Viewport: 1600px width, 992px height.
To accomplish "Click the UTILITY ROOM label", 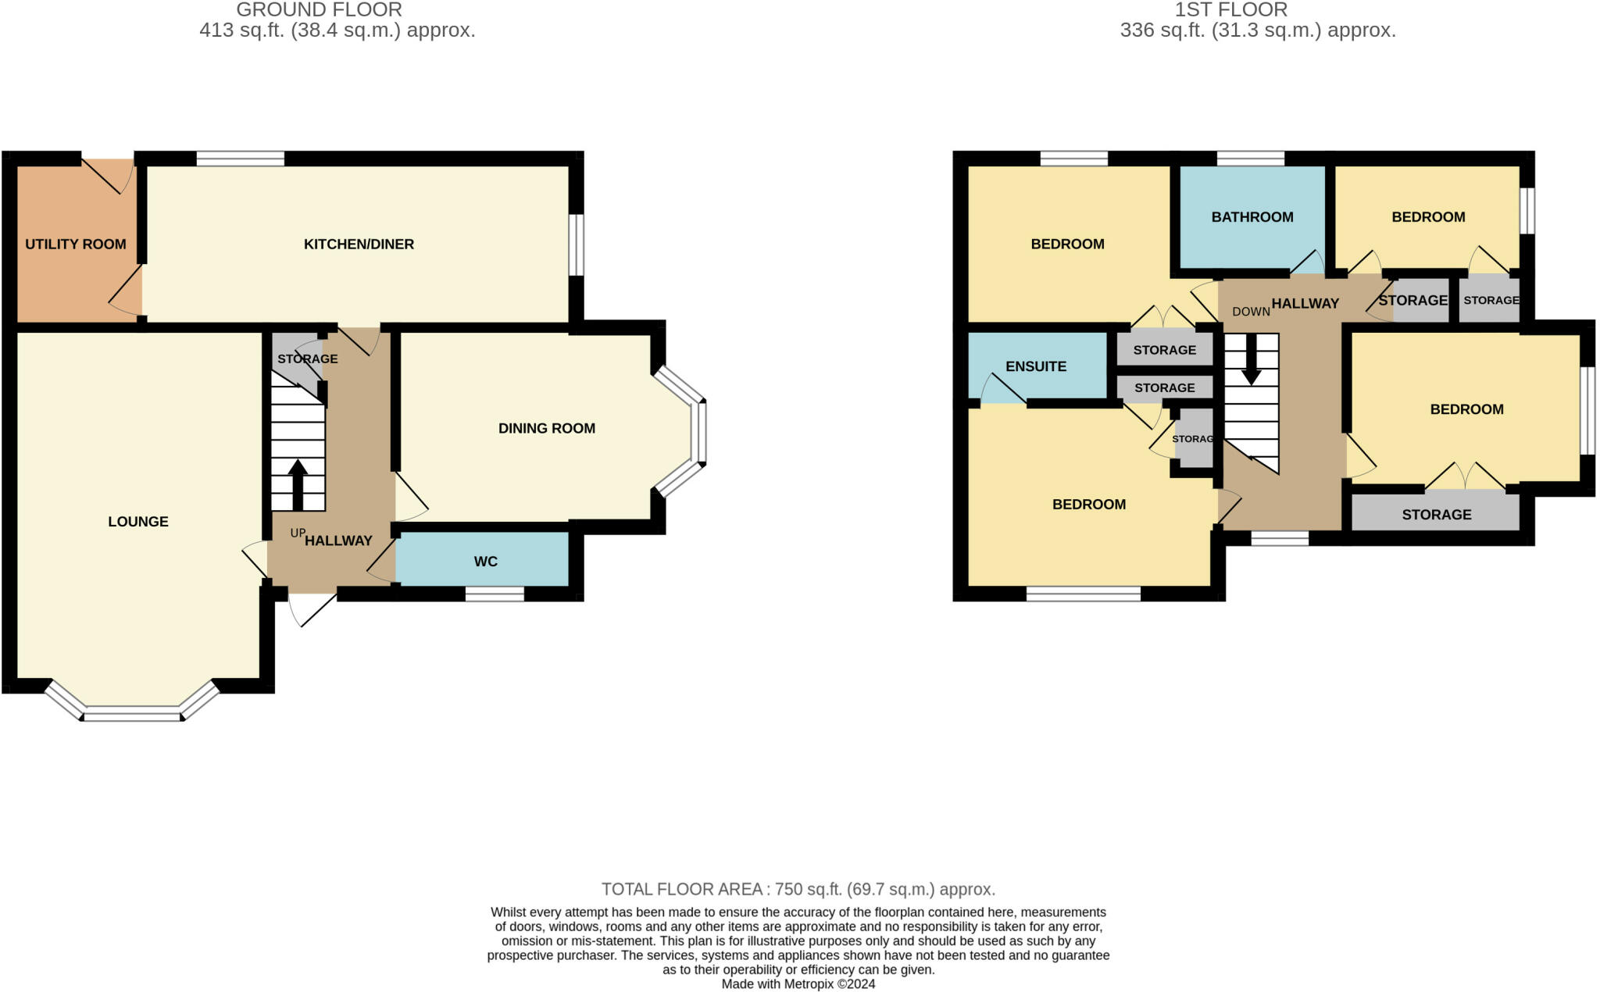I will [x=75, y=244].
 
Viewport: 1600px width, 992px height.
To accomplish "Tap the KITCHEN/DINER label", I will [x=359, y=244].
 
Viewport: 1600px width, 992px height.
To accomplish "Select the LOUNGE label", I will [x=138, y=522].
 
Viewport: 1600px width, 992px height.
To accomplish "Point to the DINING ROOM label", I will [x=547, y=428].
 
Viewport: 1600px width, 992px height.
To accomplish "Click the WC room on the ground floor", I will [x=485, y=562].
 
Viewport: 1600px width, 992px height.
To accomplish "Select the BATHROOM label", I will [x=1252, y=217].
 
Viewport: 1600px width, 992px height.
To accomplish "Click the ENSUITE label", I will [x=1035, y=366].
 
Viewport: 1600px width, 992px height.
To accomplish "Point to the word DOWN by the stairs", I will [x=1251, y=312].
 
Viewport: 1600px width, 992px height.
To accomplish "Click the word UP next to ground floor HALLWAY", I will [x=297, y=533].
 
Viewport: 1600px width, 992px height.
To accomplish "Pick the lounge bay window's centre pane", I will [x=132, y=714].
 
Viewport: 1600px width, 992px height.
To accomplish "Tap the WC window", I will [x=495, y=594].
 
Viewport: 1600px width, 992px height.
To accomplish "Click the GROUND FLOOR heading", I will [x=319, y=10].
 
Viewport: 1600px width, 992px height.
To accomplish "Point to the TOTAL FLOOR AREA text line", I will [x=798, y=889].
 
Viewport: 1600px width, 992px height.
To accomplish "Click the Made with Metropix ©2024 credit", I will [x=798, y=984].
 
